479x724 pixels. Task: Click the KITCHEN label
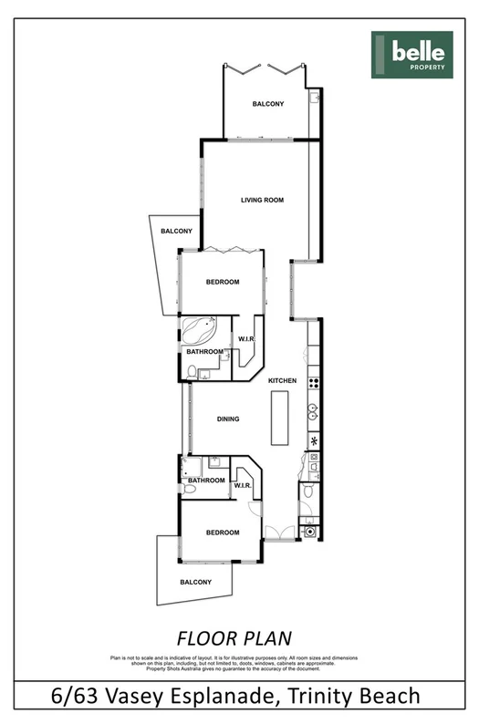(x=283, y=380)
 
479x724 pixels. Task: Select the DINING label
(x=228, y=419)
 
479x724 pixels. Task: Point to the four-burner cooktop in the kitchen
(x=313, y=383)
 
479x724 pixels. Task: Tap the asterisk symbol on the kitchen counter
(x=313, y=442)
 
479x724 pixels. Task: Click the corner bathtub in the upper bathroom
(x=198, y=329)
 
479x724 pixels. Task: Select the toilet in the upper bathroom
(x=192, y=370)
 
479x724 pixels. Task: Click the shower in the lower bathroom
(x=191, y=468)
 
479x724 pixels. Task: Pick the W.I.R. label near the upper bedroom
(x=245, y=340)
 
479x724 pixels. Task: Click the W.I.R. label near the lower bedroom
(x=242, y=486)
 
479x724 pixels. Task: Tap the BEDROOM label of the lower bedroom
(x=222, y=533)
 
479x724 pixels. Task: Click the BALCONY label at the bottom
(x=196, y=582)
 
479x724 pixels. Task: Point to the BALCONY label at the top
(x=268, y=104)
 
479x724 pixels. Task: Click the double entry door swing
(x=280, y=533)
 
